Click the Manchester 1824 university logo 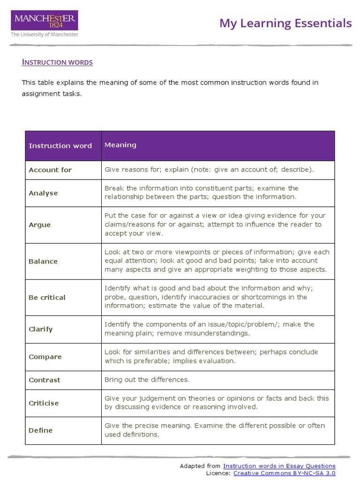pyautogui.click(x=45, y=21)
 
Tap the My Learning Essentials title pyautogui.click(x=285, y=23)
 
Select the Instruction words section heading pyautogui.click(x=57, y=62)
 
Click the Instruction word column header pyautogui.click(x=60, y=146)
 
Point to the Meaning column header pyautogui.click(x=120, y=145)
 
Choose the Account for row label pyautogui.click(x=50, y=170)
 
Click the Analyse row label pyautogui.click(x=43, y=193)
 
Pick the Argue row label pyautogui.click(x=39, y=225)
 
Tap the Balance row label pyautogui.click(x=43, y=262)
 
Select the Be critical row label pyautogui.click(x=47, y=298)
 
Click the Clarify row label pyautogui.click(x=41, y=330)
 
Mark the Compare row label pyautogui.click(x=45, y=357)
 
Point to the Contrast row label pyautogui.click(x=45, y=380)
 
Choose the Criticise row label pyautogui.click(x=44, y=403)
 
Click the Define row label pyautogui.click(x=41, y=431)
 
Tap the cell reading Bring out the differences pyautogui.click(x=147, y=380)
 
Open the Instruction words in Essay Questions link pyautogui.click(x=279, y=466)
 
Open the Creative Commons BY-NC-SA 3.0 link pyautogui.click(x=284, y=473)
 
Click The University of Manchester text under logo pyautogui.click(x=45, y=35)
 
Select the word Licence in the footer pyautogui.click(x=218, y=473)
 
